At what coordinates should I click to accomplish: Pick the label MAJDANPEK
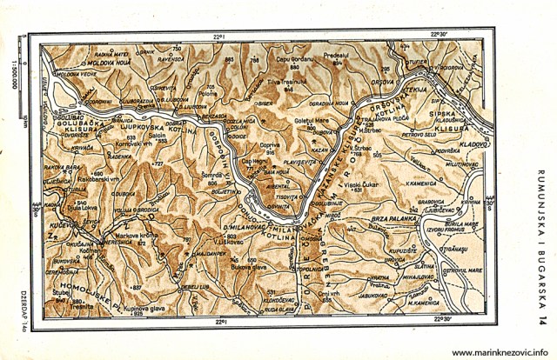pos(207,252)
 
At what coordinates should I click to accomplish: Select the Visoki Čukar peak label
pos(358,185)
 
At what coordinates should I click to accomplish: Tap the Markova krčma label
pos(134,236)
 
